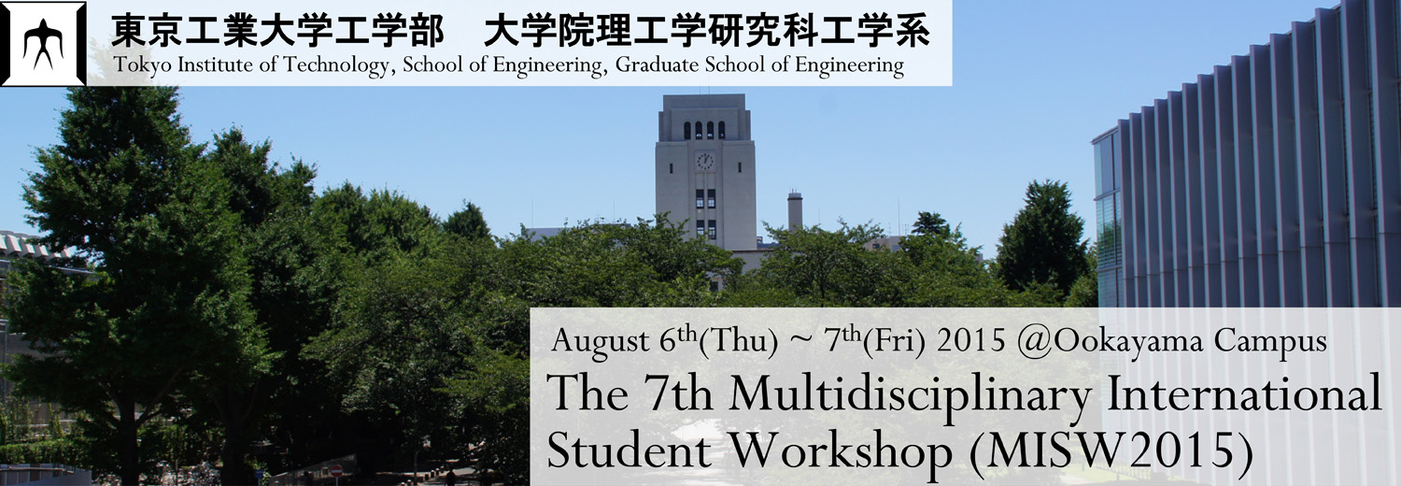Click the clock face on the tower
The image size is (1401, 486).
[705, 161]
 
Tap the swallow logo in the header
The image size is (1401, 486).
[43, 43]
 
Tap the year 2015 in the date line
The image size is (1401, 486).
[971, 340]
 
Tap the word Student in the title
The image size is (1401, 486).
[629, 450]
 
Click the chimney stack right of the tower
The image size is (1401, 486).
[794, 211]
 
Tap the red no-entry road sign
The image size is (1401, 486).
[336, 470]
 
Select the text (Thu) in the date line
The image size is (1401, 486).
[739, 341]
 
